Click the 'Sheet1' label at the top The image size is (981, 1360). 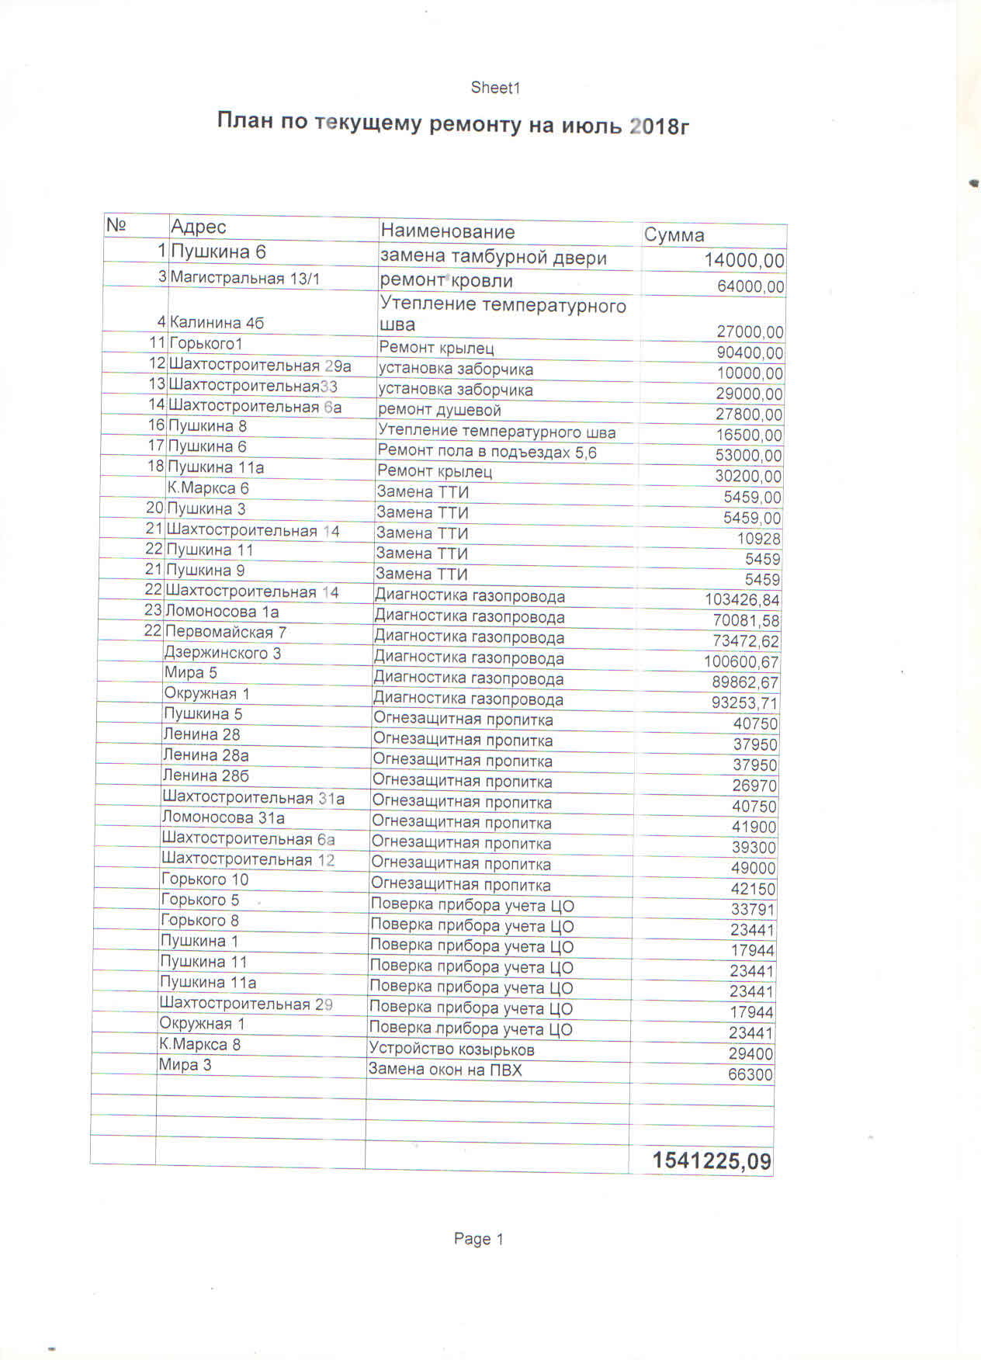[495, 88]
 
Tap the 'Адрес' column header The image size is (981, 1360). [199, 227]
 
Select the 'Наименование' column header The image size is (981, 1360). [448, 231]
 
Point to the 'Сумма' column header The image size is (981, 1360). [674, 235]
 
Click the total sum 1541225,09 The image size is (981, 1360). [712, 1161]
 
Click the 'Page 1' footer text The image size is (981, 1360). [479, 1239]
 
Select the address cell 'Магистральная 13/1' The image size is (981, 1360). [245, 278]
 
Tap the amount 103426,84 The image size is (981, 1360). [742, 600]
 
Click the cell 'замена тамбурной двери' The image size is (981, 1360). [493, 258]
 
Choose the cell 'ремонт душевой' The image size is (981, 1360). [439, 410]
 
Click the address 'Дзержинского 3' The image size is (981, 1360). [223, 653]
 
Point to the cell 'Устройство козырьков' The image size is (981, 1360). [452, 1049]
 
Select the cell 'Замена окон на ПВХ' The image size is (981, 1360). [445, 1070]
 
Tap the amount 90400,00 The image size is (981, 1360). [749, 353]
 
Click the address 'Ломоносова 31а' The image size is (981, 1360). [223, 817]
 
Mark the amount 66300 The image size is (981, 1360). [750, 1075]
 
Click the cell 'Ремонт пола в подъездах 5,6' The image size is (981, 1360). [487, 452]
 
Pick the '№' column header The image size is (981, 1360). [116, 225]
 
